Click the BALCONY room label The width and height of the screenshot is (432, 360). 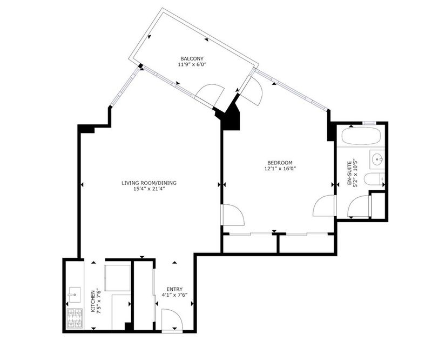point(192,58)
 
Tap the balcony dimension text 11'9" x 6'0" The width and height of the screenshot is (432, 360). point(192,64)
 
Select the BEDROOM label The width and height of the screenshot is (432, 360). point(280,163)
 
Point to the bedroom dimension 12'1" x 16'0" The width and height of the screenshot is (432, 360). point(280,169)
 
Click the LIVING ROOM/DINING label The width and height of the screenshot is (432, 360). point(149,183)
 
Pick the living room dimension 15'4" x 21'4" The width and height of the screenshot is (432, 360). point(149,189)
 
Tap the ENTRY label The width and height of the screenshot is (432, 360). point(174,289)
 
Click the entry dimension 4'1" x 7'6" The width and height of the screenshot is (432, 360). point(174,295)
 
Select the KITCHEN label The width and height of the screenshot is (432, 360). point(93,301)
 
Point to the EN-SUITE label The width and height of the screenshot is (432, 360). point(349,172)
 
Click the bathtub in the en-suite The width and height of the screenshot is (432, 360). point(361,135)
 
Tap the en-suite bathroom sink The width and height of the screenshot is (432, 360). point(377,159)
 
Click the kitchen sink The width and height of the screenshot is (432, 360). point(75,295)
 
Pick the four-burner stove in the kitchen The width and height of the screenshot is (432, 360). point(75,318)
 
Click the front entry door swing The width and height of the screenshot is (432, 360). point(172,321)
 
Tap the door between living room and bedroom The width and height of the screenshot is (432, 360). point(233,215)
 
